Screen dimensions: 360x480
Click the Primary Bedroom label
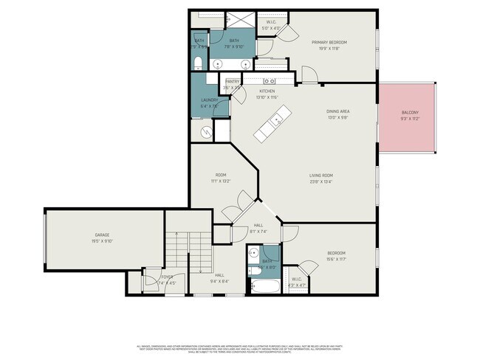coord(329,43)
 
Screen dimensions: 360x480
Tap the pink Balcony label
coord(409,113)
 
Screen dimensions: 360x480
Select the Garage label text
coord(102,235)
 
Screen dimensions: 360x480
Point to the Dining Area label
coord(337,112)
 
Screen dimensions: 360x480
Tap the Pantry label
coord(231,81)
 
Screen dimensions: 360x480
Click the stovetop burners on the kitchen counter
coord(270,80)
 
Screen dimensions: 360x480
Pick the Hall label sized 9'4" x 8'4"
coord(220,276)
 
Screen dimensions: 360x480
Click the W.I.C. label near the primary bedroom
coord(272,23)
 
